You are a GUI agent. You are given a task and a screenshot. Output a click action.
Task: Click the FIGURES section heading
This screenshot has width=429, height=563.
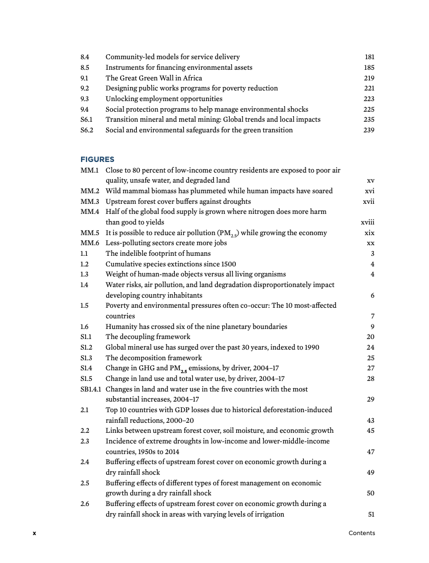[97, 160]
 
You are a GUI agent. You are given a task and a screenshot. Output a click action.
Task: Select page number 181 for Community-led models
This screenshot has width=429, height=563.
[369, 57]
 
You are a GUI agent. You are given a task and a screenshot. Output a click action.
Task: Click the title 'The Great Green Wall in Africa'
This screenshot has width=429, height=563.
[154, 78]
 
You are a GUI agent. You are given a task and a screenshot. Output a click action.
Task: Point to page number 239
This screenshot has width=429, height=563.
[369, 130]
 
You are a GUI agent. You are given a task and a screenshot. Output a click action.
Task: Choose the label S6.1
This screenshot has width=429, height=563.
[87, 120]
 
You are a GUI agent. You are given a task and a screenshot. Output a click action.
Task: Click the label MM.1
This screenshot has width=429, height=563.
[89, 170]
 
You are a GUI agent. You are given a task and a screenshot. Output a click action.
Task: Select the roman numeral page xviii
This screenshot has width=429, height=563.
[368, 222]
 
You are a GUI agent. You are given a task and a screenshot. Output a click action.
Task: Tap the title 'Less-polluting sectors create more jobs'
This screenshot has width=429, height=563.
[166, 243]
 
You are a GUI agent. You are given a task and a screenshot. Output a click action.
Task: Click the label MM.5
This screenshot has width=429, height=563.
[89, 233]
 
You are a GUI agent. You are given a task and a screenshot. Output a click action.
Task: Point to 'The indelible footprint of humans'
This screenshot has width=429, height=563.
[158, 254]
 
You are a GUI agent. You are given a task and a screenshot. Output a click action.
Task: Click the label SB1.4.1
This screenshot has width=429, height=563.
[92, 389]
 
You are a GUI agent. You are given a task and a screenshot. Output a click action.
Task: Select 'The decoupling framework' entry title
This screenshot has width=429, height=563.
[147, 337]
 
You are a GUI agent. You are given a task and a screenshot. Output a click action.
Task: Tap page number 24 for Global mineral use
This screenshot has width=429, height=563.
[370, 347]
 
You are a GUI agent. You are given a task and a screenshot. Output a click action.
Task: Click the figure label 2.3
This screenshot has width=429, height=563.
[85, 441]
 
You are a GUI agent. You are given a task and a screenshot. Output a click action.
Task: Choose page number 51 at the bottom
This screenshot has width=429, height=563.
[370, 514]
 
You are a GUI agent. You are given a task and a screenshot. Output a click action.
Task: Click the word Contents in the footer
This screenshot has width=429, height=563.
[361, 533]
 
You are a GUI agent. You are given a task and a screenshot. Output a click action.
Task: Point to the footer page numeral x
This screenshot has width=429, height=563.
[34, 533]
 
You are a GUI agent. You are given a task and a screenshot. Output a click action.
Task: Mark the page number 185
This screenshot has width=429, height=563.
[369, 68]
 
